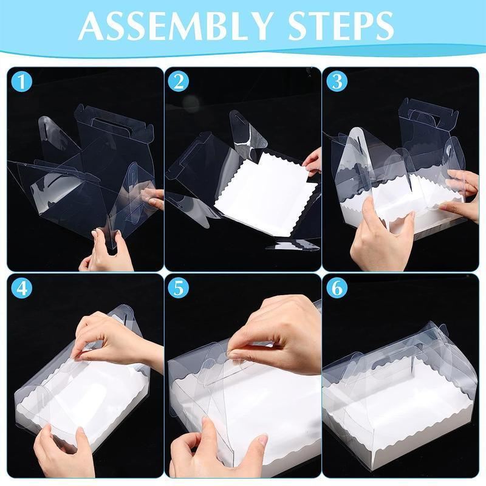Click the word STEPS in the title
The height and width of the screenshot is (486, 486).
tap(341, 26)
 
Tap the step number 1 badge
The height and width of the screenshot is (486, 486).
tap(21, 81)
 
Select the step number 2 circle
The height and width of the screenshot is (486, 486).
tap(179, 81)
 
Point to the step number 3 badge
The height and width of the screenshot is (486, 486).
tap(337, 81)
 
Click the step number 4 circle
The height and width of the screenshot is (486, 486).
tap(21, 288)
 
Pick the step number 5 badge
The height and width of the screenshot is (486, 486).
tap(179, 288)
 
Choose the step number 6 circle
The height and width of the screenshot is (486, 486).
tap(337, 288)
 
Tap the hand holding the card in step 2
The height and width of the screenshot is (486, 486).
tap(312, 161)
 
